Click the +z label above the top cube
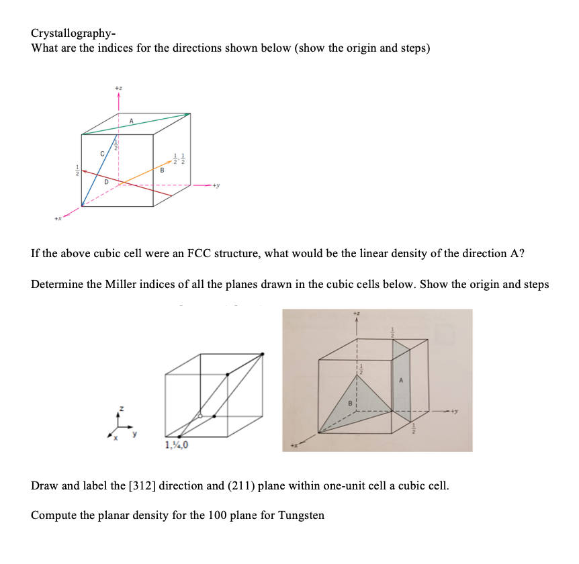click(118, 88)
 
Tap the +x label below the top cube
click(59, 216)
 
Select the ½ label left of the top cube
click(77, 172)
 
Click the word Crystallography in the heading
click(66, 34)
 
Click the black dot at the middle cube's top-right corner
click(263, 353)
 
